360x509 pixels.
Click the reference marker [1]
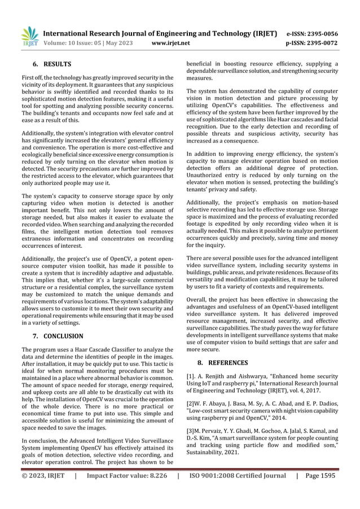click(192, 376)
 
